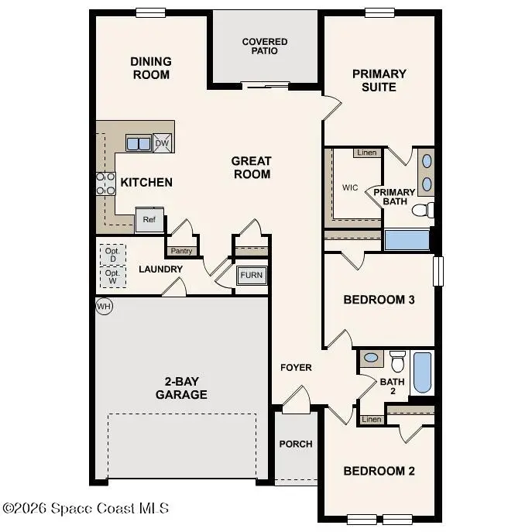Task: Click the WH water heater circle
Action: pyautogui.click(x=104, y=307)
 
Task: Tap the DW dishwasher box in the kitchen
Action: pyautogui.click(x=162, y=142)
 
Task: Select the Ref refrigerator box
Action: pyautogui.click(x=149, y=219)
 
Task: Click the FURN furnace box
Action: pyautogui.click(x=251, y=276)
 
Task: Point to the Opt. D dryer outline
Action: pyautogui.click(x=112, y=254)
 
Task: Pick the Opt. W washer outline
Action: pyautogui.click(x=112, y=277)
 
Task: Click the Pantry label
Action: pyautogui.click(x=180, y=251)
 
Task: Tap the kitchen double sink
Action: pyautogui.click(x=139, y=143)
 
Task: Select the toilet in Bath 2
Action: pyautogui.click(x=397, y=361)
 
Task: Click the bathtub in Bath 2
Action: pyautogui.click(x=422, y=372)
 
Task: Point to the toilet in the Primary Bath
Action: pyautogui.click(x=422, y=210)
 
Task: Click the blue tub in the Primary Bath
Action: pyautogui.click(x=407, y=239)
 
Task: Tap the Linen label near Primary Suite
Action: pyautogui.click(x=367, y=153)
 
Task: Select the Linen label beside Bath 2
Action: pyautogui.click(x=372, y=419)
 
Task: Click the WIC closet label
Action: pyautogui.click(x=349, y=187)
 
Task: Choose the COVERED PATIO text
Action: pyautogui.click(x=265, y=46)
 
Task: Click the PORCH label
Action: pyautogui.click(x=295, y=444)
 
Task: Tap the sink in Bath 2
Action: pyautogui.click(x=372, y=358)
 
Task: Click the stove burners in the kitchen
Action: pyautogui.click(x=105, y=184)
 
